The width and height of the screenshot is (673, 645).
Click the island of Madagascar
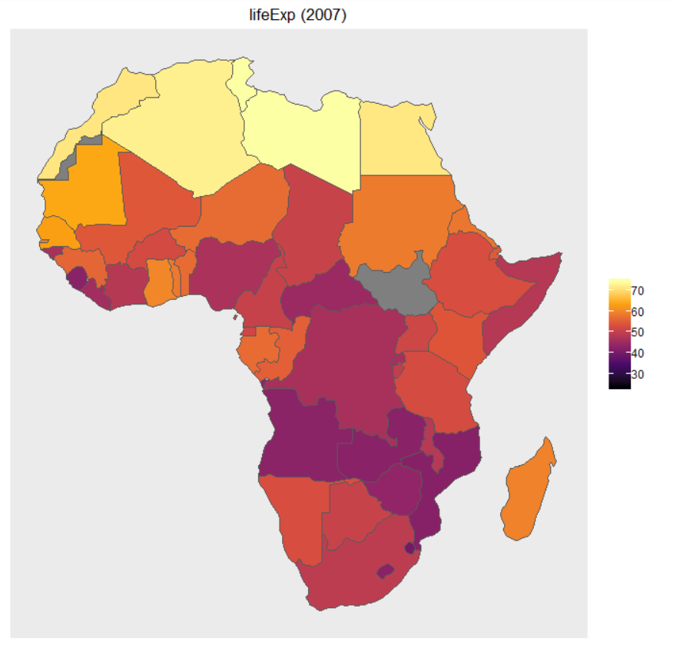coord(528,492)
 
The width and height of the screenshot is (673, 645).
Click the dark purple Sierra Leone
coord(77,277)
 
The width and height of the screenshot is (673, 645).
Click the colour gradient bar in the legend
coord(619,334)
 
